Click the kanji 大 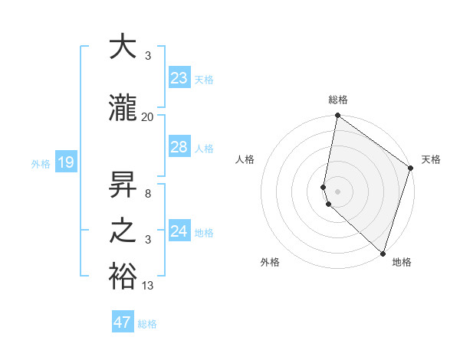pyautogui.click(x=123, y=47)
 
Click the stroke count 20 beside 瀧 pyautogui.click(x=148, y=116)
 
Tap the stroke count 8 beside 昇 pyautogui.click(x=148, y=195)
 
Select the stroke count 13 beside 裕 pyautogui.click(x=148, y=286)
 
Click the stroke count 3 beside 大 pyautogui.click(x=148, y=57)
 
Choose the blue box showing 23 pyautogui.click(x=179, y=78)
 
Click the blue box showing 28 pyautogui.click(x=179, y=147)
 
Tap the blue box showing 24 pyautogui.click(x=179, y=231)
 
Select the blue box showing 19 pyautogui.click(x=65, y=162)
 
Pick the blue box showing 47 pyautogui.click(x=123, y=322)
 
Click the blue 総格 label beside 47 pyautogui.click(x=147, y=324)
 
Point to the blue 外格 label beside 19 pyautogui.click(x=40, y=163)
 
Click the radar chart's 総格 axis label pyautogui.click(x=338, y=100)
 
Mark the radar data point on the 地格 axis pyautogui.click(x=383, y=254)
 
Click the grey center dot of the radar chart pyautogui.click(x=338, y=191)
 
